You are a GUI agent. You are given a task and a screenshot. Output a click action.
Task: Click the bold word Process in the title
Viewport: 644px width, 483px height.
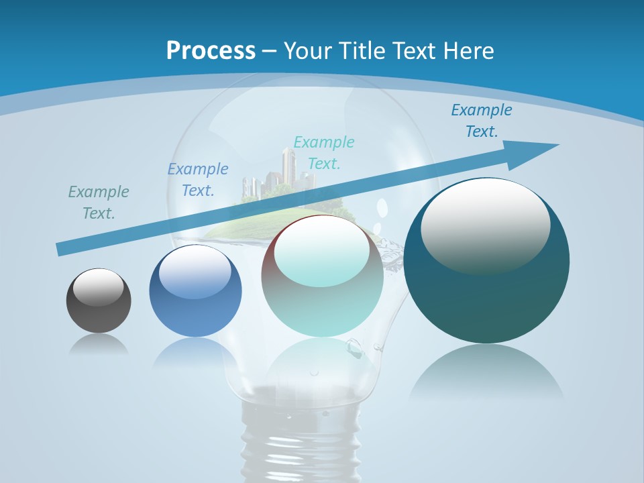(211, 51)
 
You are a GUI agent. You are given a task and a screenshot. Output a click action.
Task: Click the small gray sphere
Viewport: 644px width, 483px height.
(99, 301)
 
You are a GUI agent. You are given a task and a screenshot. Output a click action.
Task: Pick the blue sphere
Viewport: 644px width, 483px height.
(195, 291)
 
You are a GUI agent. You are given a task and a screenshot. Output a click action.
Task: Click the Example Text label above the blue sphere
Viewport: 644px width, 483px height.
(198, 179)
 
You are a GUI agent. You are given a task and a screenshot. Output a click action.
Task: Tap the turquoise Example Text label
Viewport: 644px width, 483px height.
(324, 152)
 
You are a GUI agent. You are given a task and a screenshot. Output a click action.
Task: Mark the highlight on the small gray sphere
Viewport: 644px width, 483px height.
(99, 287)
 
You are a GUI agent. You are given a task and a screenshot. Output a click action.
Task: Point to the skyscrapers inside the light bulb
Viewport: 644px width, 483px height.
(285, 171)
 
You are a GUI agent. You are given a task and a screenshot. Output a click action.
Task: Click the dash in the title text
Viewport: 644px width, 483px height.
(269, 51)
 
